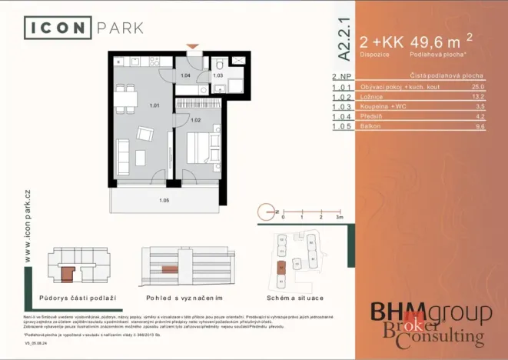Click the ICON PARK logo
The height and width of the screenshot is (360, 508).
pyautogui.click(x=84, y=28)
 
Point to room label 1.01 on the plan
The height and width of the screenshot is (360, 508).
pyautogui.click(x=154, y=105)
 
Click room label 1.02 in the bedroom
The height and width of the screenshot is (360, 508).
pyautogui.click(x=195, y=121)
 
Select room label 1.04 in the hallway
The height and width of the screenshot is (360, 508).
pyautogui.click(x=185, y=75)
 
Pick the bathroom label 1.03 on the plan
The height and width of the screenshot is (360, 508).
pyautogui.click(x=217, y=75)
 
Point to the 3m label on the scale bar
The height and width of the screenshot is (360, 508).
pyautogui.click(x=339, y=218)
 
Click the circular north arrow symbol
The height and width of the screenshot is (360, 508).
pyautogui.click(x=264, y=211)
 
